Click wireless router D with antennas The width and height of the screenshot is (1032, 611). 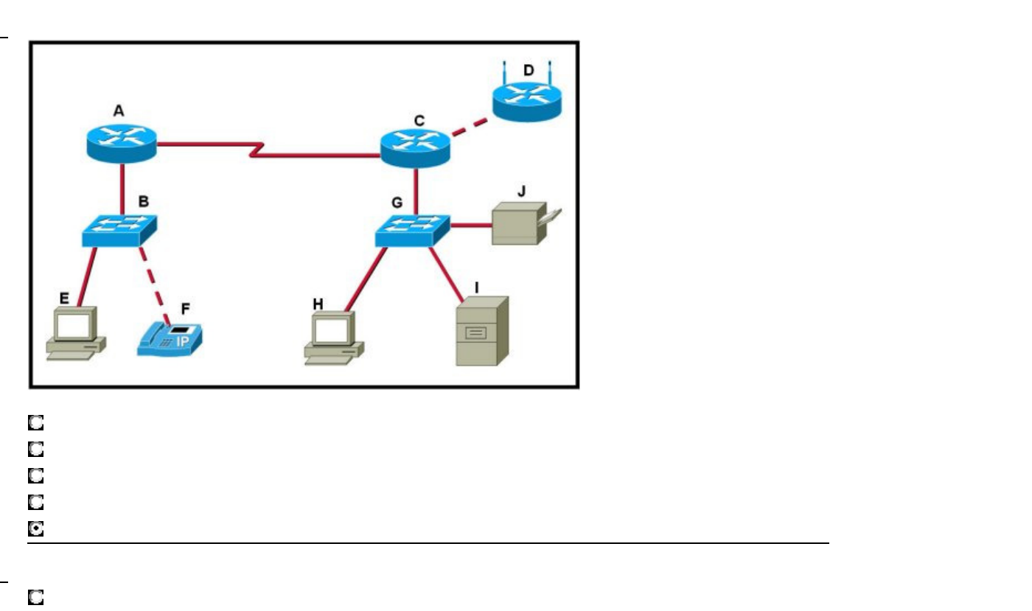pyautogui.click(x=526, y=102)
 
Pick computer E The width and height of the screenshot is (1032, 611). pyautogui.click(x=75, y=333)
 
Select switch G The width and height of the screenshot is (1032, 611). pyautogui.click(x=413, y=231)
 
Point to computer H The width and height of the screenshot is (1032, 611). pyautogui.click(x=334, y=338)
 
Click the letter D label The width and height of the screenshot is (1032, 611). pyautogui.click(x=528, y=70)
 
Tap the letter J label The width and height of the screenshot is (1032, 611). pyautogui.click(x=521, y=193)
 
